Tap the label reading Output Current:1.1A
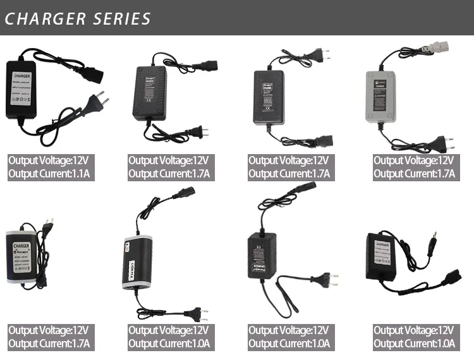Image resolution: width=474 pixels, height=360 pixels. [x=51, y=174]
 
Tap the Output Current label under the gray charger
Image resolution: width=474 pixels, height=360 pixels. [x=414, y=174]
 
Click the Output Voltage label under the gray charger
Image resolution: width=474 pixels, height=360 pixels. [x=414, y=160]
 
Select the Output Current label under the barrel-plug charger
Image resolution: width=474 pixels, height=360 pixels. [x=414, y=344]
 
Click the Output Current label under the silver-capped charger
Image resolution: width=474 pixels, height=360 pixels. [x=170, y=344]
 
